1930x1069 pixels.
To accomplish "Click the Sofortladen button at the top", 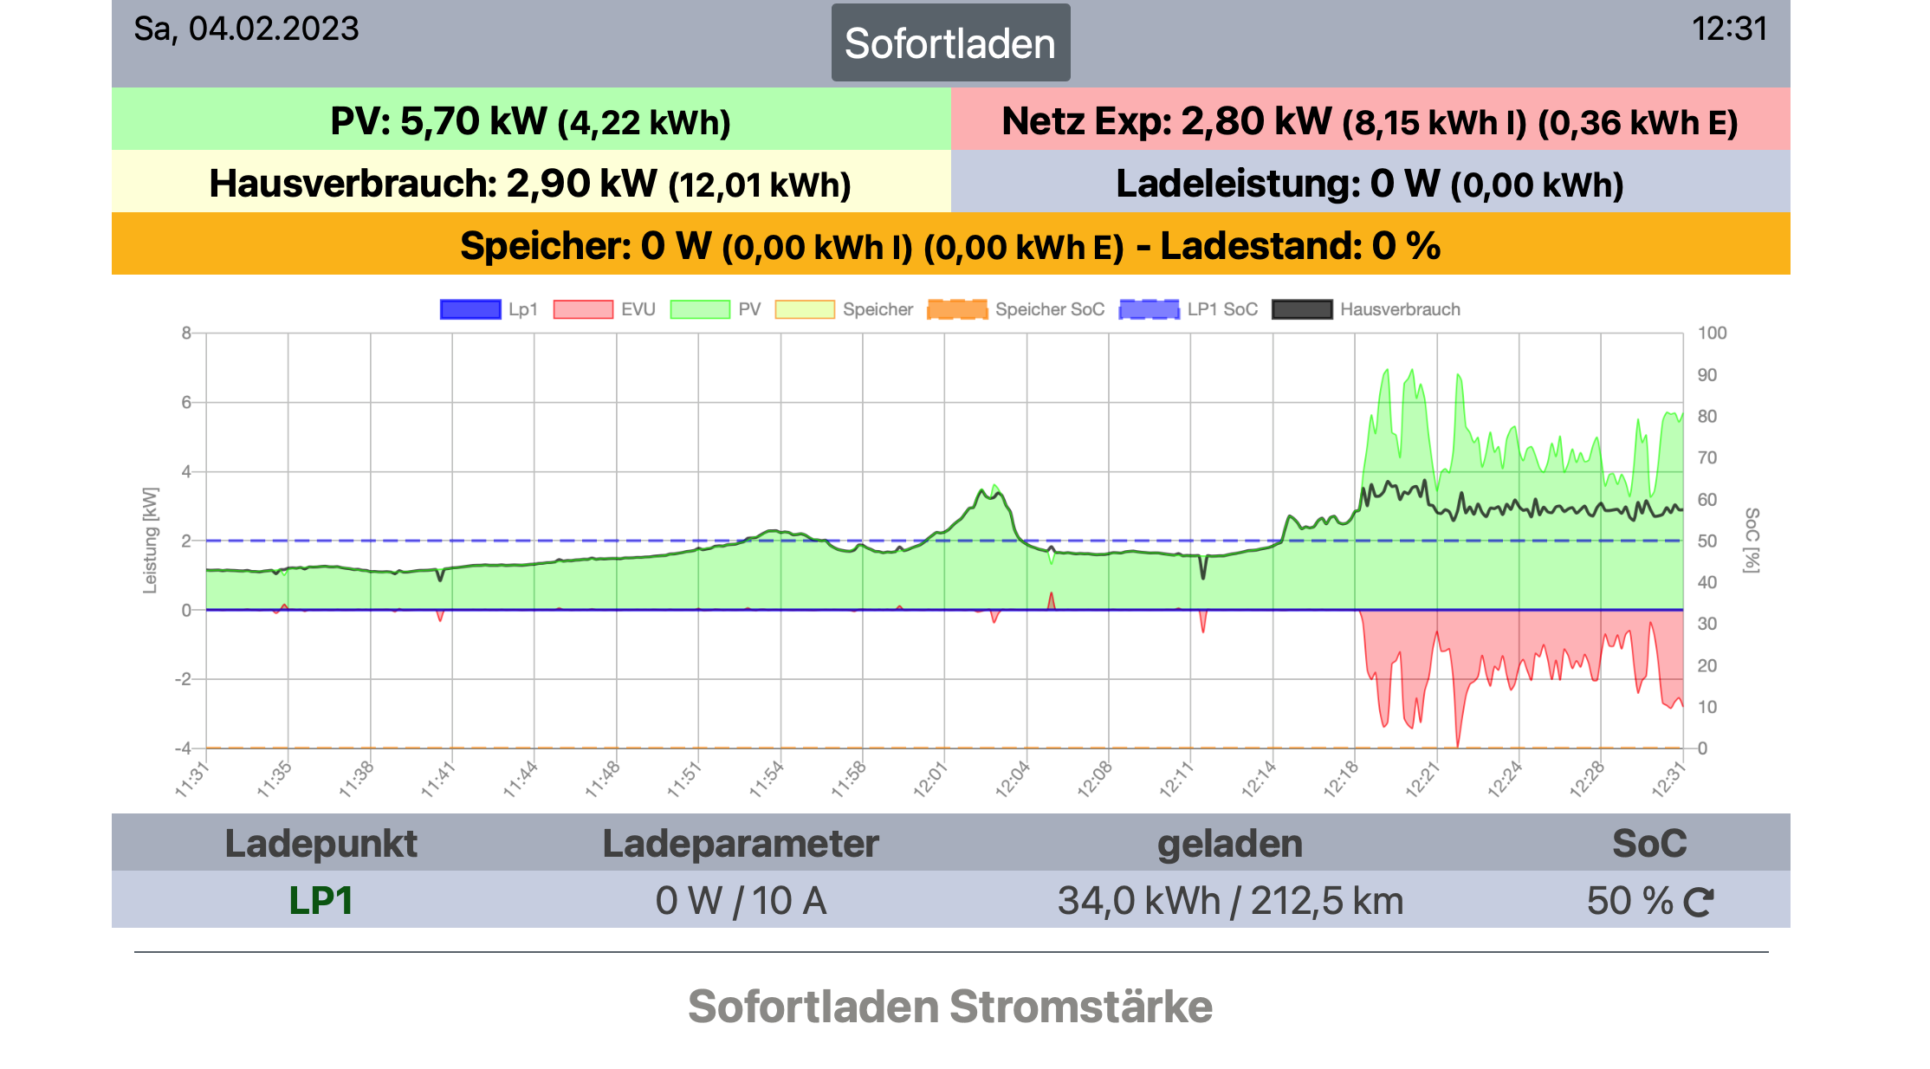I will pos(950,43).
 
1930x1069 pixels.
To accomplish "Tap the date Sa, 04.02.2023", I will pos(246,29).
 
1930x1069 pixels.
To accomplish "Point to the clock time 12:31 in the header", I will pos(1729,29).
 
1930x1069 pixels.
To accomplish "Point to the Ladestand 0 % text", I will pos(1300,246).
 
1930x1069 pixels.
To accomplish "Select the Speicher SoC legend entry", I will pos(1016,309).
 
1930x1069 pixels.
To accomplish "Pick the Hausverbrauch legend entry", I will pos(1366,309).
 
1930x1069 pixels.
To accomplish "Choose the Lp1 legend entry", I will pos(489,309).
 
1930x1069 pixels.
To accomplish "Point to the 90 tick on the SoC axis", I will pos(1707,375).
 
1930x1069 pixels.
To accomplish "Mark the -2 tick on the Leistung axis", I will pos(183,679).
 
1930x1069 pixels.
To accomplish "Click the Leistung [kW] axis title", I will pos(151,540).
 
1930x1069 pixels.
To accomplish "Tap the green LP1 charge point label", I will pos(321,900).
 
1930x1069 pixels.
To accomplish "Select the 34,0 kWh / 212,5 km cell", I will pos(1230,900).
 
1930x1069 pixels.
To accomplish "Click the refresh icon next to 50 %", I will pos(1699,902).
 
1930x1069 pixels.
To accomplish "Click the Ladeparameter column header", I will pos(741,843).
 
